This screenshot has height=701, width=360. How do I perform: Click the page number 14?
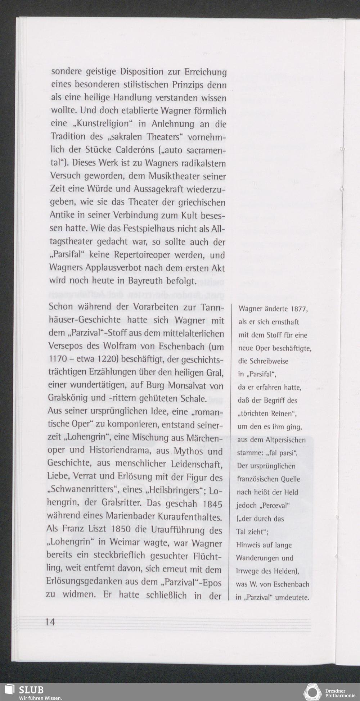(50, 621)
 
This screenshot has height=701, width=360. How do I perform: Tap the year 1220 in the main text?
(108, 359)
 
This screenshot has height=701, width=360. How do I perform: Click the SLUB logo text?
(31, 689)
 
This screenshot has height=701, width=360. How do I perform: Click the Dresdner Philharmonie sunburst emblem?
(312, 693)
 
